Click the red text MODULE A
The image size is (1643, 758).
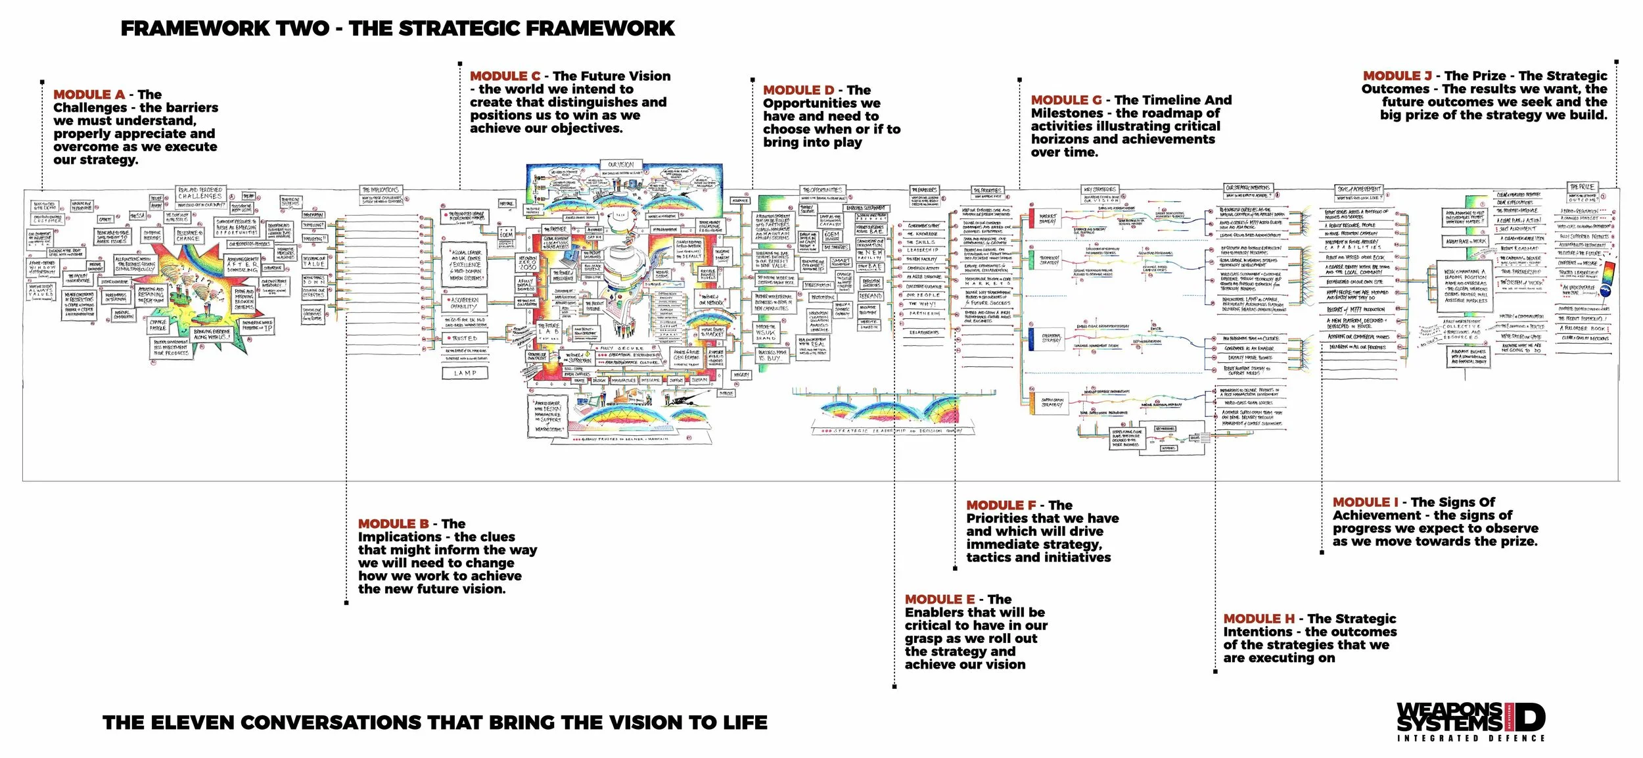point(89,95)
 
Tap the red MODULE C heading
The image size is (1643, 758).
point(505,76)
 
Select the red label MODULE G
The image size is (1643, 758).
point(1066,100)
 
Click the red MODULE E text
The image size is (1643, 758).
point(939,600)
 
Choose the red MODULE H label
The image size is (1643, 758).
point(1259,619)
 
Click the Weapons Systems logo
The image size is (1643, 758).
point(1471,722)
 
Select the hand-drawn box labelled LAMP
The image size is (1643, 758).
point(465,373)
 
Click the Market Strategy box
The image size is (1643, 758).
point(1048,218)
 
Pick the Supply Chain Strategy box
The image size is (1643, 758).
point(1052,402)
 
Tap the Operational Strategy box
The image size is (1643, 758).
point(1051,339)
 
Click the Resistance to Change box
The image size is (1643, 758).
point(188,236)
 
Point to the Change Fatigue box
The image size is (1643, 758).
point(158,325)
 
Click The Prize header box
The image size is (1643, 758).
point(1582,187)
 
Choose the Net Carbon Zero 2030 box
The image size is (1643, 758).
point(527,263)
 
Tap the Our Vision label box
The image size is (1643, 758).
point(620,164)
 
